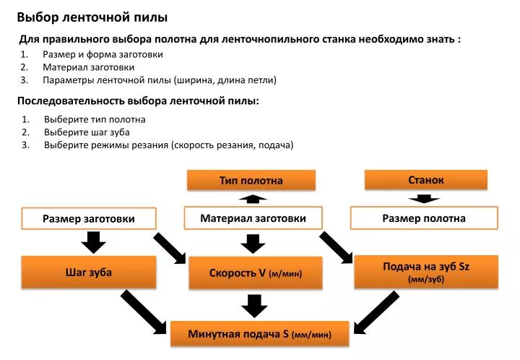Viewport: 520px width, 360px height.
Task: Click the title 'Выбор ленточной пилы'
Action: point(92,17)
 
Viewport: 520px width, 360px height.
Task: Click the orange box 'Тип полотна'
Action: point(251,180)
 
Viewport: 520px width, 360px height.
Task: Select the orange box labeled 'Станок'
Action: point(426,180)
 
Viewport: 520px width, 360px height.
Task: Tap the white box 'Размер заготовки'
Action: point(89,218)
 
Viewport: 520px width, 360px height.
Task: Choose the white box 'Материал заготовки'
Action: point(253,218)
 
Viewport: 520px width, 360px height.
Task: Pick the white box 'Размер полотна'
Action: point(424,218)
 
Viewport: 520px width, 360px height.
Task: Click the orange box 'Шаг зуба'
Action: point(89,272)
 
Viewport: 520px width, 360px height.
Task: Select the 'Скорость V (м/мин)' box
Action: point(256,273)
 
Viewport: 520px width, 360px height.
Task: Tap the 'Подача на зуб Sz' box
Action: point(426,272)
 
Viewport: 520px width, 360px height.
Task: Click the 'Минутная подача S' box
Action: point(260,334)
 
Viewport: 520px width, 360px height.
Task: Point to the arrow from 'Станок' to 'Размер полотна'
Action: point(424,198)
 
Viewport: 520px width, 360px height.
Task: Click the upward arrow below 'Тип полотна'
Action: point(253,199)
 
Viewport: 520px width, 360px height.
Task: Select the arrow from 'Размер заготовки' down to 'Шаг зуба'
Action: point(93,243)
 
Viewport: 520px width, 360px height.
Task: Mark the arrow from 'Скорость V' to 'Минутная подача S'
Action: point(254,306)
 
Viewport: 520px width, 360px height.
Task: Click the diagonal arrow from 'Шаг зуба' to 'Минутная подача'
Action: point(144,312)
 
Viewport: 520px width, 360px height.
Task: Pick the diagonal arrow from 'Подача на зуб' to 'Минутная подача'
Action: point(376,312)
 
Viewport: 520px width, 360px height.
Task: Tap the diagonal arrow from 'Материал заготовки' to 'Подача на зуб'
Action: point(336,248)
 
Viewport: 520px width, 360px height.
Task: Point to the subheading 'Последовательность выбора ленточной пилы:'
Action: point(138,100)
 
